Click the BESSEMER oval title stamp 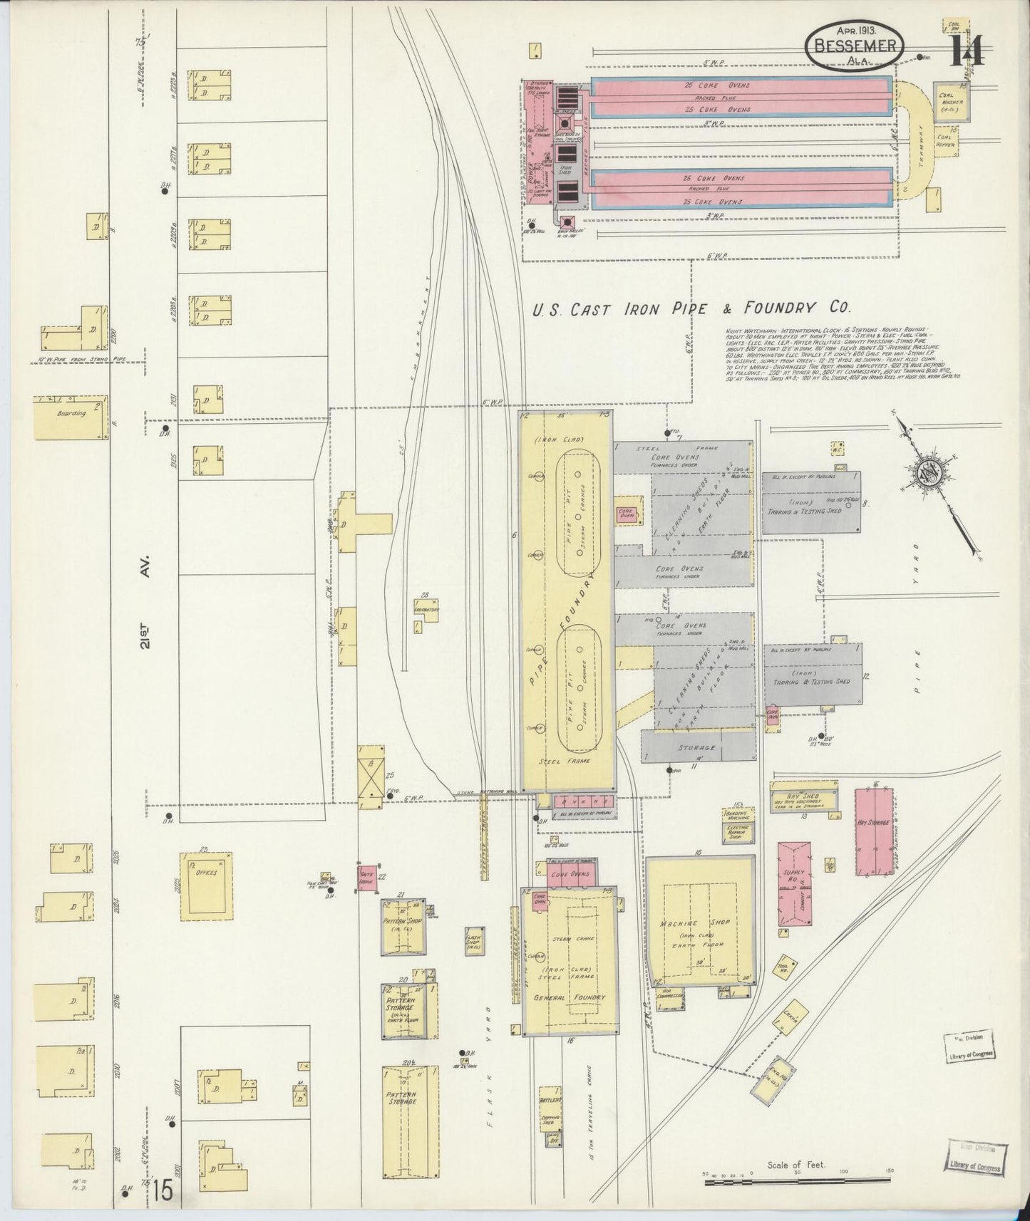click(x=855, y=47)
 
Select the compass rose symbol click(x=931, y=476)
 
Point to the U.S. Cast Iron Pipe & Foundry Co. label click(x=691, y=308)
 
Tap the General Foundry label click(x=569, y=997)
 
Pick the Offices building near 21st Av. click(x=207, y=883)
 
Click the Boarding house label click(x=71, y=413)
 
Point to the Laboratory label click(x=426, y=610)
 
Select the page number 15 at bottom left click(x=161, y=1191)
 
